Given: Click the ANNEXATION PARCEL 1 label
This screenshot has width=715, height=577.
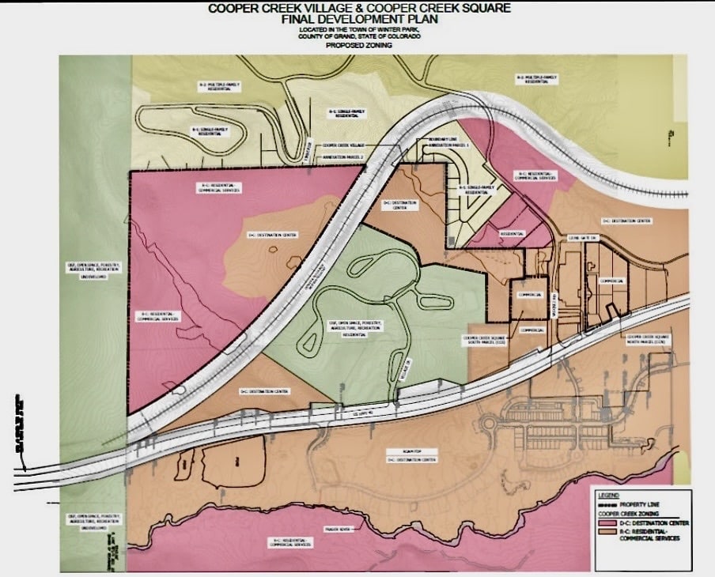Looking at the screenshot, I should tap(448, 146).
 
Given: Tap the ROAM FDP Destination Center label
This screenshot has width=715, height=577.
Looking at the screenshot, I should tap(411, 457).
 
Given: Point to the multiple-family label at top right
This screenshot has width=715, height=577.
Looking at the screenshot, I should tap(537, 78).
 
